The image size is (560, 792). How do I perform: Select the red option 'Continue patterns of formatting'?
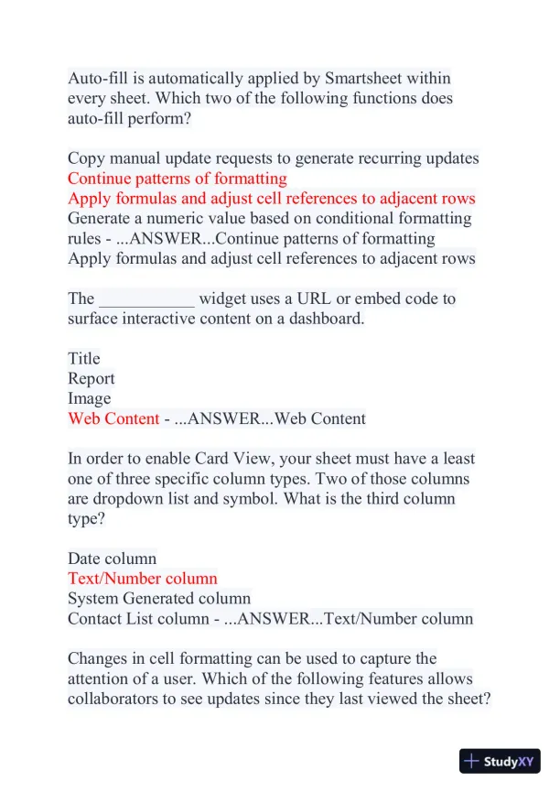tap(177, 179)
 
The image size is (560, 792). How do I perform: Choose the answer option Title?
tap(84, 358)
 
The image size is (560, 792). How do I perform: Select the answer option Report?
tap(92, 378)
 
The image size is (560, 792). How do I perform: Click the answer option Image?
tap(90, 398)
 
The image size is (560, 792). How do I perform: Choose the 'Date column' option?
tap(112, 558)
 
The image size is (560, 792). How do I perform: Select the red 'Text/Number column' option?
tap(143, 578)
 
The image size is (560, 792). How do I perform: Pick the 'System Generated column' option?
tap(159, 598)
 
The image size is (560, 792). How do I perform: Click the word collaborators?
tap(113, 699)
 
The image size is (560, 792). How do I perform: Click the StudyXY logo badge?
tap(500, 761)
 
